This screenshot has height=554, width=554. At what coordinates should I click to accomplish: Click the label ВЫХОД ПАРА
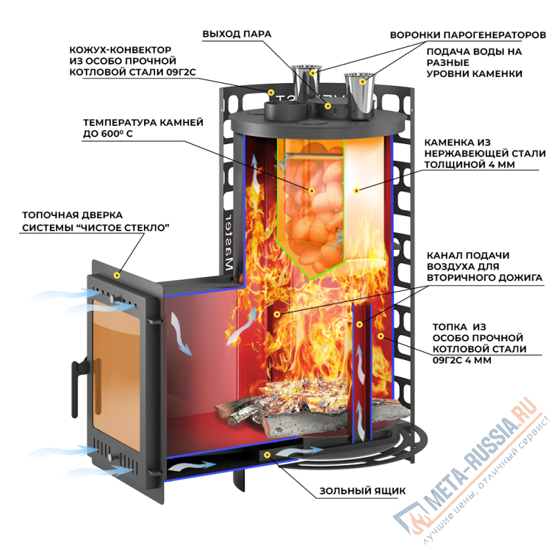(237, 33)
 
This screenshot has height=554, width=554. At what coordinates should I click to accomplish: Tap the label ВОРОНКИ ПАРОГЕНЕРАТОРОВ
(468, 34)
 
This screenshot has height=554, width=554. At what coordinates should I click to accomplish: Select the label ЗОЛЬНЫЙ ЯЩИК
(362, 492)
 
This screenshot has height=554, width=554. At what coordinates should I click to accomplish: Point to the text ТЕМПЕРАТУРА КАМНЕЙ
(143, 122)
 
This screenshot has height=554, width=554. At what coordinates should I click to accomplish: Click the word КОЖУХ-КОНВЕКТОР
(119, 51)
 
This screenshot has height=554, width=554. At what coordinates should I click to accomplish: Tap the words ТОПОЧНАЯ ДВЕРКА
(72, 215)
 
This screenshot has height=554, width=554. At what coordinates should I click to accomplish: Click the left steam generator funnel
(305, 83)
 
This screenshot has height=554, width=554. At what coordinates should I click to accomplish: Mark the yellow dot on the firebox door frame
(118, 274)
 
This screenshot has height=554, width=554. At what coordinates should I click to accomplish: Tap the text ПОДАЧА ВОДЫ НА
(473, 51)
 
